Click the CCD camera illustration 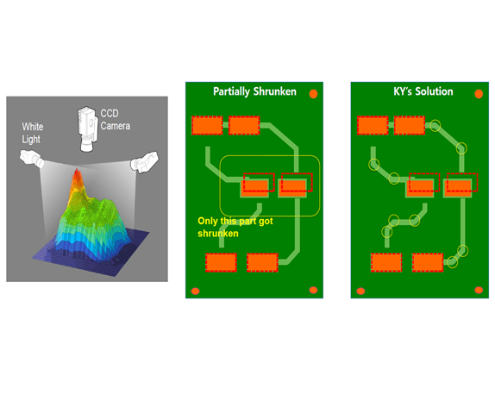pos(87,128)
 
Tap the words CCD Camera pos(116,120)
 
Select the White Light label pos(33,133)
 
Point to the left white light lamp pos(32,158)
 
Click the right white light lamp pos(145,161)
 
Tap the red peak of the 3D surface pos(77,176)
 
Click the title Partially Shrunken pos(254,91)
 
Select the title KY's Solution pos(423,91)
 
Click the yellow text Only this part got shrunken pos(235,227)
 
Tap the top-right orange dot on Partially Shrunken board pos(313,94)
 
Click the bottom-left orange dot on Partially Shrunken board pos(196,291)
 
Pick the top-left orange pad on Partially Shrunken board pos(207,125)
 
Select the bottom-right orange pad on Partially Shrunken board pos(262,262)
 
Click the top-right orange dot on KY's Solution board pos(479,94)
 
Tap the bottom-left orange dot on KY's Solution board pos(360,291)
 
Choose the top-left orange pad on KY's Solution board pos(373,125)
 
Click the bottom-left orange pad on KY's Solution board pos(386,262)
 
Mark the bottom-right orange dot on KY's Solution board pos(479,290)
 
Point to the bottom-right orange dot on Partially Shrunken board pos(314,290)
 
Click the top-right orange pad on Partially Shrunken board pos(244,125)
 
